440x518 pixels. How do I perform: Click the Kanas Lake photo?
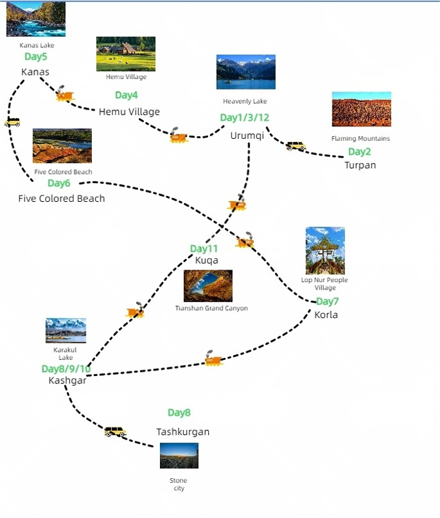pyautogui.click(x=36, y=19)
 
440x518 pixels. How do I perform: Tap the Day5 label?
pyautogui.click(x=36, y=57)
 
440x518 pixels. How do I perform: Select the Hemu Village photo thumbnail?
pyautogui.click(x=126, y=53)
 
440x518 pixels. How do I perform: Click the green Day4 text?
pyautogui.click(x=127, y=96)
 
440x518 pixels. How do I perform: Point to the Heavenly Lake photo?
pyautogui.click(x=246, y=72)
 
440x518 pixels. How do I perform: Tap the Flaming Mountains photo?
pyautogui.click(x=361, y=109)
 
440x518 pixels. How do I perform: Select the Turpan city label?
pyautogui.click(x=360, y=165)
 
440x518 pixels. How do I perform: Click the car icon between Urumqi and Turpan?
pyautogui.click(x=296, y=146)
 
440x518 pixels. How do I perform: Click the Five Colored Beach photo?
pyautogui.click(x=62, y=146)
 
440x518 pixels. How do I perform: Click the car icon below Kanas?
pyautogui.click(x=12, y=121)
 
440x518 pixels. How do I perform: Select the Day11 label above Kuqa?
pyautogui.click(x=204, y=249)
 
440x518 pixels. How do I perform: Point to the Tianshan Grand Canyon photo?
pyautogui.click(x=208, y=286)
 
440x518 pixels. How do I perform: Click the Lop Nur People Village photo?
pyautogui.click(x=325, y=251)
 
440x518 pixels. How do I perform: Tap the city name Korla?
pyautogui.click(x=326, y=315)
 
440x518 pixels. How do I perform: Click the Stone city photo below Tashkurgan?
pyautogui.click(x=179, y=456)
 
